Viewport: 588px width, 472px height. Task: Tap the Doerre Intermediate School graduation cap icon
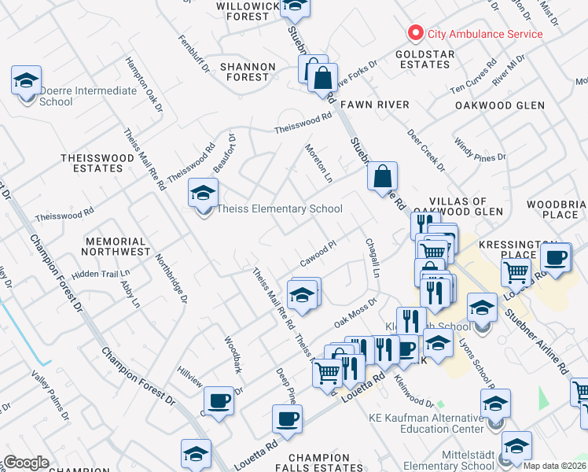click(26, 82)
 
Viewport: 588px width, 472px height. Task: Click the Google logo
click(26, 463)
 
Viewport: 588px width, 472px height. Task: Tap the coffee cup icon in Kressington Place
click(555, 257)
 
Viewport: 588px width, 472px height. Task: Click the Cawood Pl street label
click(318, 254)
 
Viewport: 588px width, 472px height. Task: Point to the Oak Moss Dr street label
click(356, 312)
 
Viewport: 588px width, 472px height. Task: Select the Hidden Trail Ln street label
click(101, 274)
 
